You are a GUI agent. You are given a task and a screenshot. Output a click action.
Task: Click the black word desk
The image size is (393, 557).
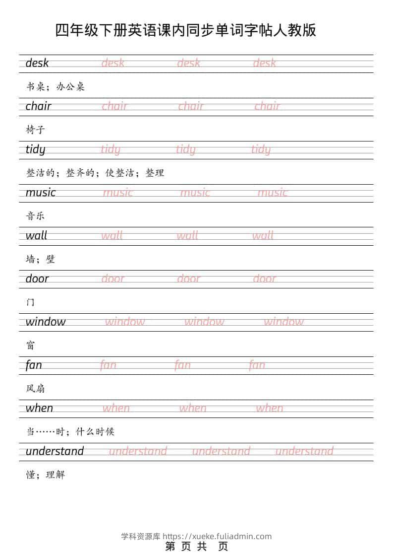[x=37, y=63]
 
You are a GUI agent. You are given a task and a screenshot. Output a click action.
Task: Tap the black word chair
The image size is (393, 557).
[x=38, y=106]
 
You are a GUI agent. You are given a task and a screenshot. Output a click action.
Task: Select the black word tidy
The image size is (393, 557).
[x=35, y=149]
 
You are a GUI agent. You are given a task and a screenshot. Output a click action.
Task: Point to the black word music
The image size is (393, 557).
[x=41, y=193]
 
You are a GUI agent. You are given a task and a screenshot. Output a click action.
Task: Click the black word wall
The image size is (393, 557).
[x=36, y=236]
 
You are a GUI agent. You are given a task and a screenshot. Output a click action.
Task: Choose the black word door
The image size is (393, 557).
[x=37, y=279]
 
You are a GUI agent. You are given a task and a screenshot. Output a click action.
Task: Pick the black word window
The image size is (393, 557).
[x=46, y=322]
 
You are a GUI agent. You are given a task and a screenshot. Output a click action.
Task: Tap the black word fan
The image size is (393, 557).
[x=34, y=365]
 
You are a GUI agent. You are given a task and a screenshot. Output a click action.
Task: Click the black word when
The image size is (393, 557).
[x=39, y=408]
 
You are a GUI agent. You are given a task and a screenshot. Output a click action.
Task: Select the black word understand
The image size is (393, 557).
[x=55, y=451]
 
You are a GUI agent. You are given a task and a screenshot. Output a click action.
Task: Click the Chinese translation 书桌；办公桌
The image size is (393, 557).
[x=56, y=86]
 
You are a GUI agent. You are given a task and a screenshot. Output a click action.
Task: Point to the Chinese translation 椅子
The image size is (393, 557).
[x=36, y=130]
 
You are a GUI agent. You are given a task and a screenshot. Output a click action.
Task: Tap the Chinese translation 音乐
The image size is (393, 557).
[x=36, y=216]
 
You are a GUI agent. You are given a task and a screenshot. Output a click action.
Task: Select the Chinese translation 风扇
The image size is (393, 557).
[x=36, y=388]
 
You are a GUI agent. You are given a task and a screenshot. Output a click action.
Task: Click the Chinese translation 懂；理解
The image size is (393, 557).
[x=46, y=475]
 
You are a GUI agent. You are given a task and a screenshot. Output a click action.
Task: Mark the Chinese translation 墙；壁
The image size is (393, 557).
[x=41, y=259]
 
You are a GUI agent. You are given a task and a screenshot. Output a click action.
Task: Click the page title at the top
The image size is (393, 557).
[x=186, y=31]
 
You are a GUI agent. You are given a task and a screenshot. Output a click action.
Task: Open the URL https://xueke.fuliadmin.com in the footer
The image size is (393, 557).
[x=217, y=536]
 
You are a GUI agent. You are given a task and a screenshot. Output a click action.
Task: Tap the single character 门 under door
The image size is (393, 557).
[x=31, y=302]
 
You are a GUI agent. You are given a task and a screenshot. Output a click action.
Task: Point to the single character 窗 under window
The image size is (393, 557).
[x=31, y=345]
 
